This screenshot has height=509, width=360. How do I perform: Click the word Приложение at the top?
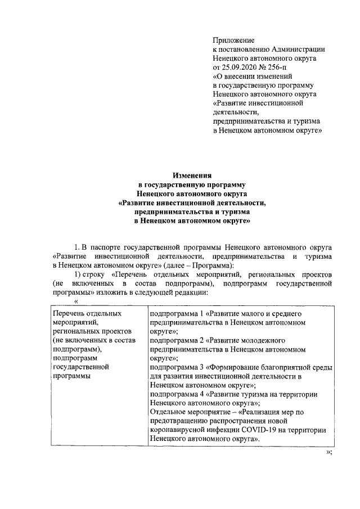point(233,40)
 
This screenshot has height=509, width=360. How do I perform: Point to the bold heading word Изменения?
point(191,175)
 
